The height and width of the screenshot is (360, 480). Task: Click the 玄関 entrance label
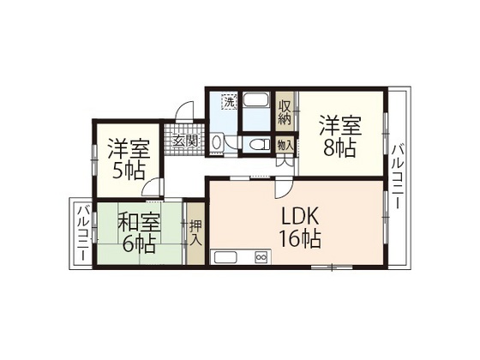pyautogui.click(x=186, y=141)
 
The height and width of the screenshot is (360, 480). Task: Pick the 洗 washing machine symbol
pyautogui.click(x=229, y=103)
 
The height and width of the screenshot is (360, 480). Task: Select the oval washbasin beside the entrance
pyautogui.click(x=218, y=142)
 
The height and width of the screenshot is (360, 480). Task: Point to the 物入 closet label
pyautogui.click(x=285, y=145)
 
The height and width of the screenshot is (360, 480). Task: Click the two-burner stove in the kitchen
pyautogui.click(x=261, y=256)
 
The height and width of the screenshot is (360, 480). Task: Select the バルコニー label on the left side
pyautogui.click(x=81, y=232)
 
